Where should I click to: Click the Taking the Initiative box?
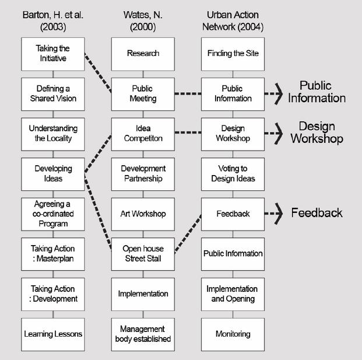53,54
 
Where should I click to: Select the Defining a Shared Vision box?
53,94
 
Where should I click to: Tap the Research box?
143,54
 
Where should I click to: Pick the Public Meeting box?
143,94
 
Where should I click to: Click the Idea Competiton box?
143,134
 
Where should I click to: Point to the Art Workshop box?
143,214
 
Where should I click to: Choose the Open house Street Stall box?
143,253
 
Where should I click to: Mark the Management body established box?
143,334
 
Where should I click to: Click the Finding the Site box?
233,54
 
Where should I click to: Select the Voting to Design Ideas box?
233,174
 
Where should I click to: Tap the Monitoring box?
233,334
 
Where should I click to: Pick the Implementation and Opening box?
233,293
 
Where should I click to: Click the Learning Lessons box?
53,334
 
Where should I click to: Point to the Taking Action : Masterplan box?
53,253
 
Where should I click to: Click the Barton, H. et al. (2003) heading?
53,20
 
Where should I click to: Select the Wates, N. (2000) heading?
143,20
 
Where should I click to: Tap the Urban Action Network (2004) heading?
233,20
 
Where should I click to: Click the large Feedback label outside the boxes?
317,213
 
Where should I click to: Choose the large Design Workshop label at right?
317,132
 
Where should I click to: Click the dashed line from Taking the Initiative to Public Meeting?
98,73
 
